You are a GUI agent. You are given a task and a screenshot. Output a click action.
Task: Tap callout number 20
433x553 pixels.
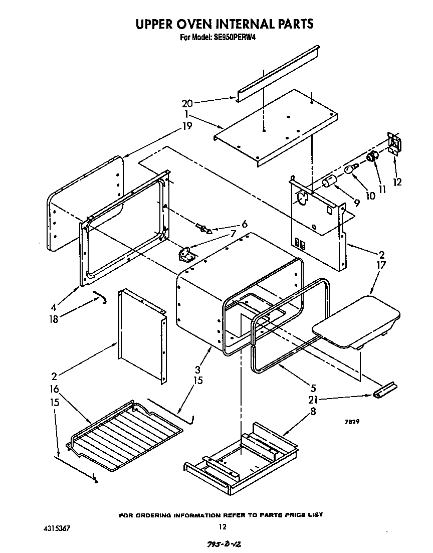pyautogui.click(x=187, y=104)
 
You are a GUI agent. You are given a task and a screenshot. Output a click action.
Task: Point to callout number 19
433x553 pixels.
pyautogui.click(x=187, y=126)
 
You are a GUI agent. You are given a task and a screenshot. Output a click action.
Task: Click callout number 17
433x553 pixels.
pyautogui.click(x=381, y=265)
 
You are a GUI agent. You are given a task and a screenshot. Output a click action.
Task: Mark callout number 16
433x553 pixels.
pyautogui.click(x=54, y=389)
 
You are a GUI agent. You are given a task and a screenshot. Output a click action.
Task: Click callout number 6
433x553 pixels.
pyautogui.click(x=245, y=225)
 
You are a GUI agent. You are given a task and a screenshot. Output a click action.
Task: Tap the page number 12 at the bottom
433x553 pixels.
pyautogui.click(x=223, y=526)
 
